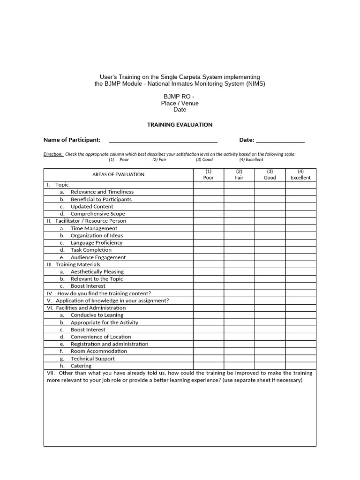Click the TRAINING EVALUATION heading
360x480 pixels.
pos(180,125)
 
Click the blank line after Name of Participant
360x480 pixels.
pos(163,140)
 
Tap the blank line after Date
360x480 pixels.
pos(280,140)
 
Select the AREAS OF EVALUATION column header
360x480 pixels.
pos(118,175)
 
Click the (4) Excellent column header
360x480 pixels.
pos(300,175)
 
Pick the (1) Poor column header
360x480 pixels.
pos(209,175)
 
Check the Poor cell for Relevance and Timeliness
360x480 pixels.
pos(209,192)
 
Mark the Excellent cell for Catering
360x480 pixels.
pos(300,366)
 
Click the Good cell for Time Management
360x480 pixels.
pos(270,228)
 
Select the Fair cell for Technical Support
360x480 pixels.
pos(239,359)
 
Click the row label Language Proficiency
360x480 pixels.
pos(97,243)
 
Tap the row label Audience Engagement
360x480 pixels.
pos(98,257)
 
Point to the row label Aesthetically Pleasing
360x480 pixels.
pos(97,271)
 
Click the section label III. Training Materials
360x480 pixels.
pos(73,264)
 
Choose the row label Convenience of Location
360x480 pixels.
pos(101,337)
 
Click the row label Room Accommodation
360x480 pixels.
pos(98,351)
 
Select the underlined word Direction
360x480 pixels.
pos(53,154)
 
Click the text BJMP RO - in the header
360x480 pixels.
pos(180,97)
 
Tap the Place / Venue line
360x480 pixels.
pos(180,103)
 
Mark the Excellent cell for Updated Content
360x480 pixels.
pos(300,206)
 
